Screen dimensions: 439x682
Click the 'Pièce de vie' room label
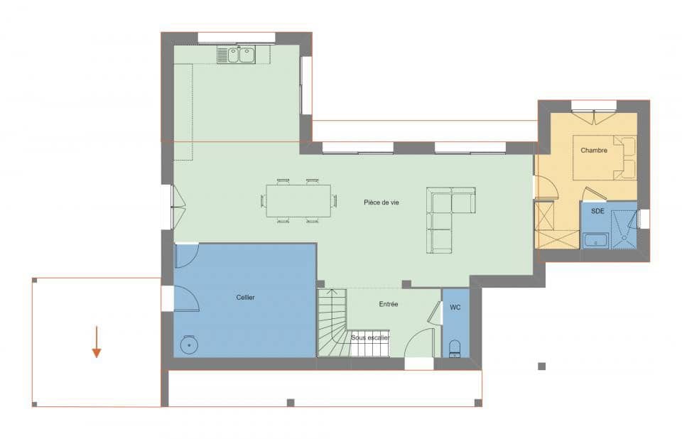click(381, 202)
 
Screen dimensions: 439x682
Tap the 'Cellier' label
click(246, 297)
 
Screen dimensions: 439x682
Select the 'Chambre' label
click(594, 151)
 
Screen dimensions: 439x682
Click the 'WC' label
click(455, 308)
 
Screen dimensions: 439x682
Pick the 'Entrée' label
click(389, 304)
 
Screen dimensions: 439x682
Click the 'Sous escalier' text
click(370, 337)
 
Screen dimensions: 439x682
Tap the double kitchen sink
click(237, 55)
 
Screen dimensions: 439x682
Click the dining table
click(298, 201)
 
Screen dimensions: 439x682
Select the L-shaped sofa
click(446, 217)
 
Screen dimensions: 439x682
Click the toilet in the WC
click(455, 347)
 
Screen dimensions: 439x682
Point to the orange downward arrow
click(96, 342)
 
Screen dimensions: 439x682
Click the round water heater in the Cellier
click(188, 345)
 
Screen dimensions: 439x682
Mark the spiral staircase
click(332, 323)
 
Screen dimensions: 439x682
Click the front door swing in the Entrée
click(421, 342)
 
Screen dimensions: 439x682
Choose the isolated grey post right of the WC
click(541, 367)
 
